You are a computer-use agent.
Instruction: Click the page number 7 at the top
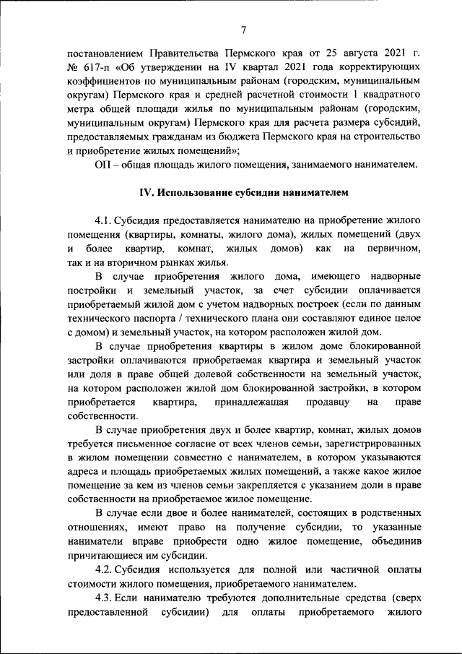(x=243, y=30)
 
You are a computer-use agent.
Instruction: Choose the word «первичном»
(x=393, y=249)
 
